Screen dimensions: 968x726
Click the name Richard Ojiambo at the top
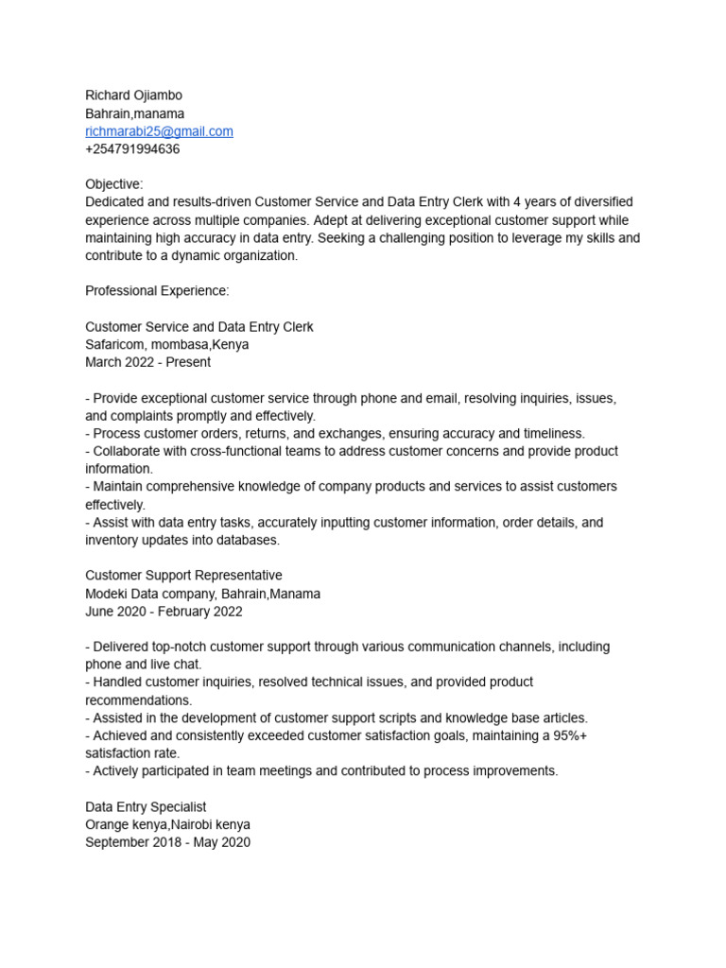(x=133, y=95)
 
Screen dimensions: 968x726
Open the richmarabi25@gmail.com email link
(x=159, y=131)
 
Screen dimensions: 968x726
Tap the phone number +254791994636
(x=132, y=149)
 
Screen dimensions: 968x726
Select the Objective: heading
(x=114, y=184)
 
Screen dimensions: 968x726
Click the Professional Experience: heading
(x=157, y=291)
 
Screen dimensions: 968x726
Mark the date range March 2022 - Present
(x=147, y=362)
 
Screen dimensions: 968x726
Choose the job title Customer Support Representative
(x=183, y=576)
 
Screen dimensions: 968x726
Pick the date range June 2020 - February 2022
(x=164, y=612)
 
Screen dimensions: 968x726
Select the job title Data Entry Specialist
(x=146, y=807)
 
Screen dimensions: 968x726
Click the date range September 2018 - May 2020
(x=167, y=842)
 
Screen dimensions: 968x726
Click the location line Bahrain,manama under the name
(x=135, y=113)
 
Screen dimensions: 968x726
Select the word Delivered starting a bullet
(x=124, y=647)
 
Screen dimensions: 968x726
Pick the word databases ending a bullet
(x=249, y=540)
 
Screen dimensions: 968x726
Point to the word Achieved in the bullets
(x=124, y=735)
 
